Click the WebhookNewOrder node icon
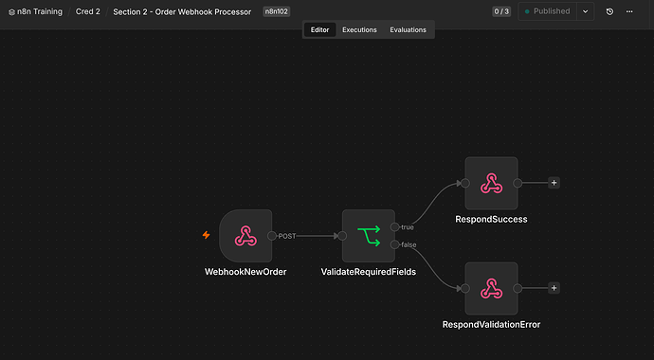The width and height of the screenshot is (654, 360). click(x=245, y=236)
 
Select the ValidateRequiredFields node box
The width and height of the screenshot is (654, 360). click(x=369, y=236)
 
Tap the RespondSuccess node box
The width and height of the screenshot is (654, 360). click(x=491, y=184)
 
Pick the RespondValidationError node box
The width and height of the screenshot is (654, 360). click(x=491, y=288)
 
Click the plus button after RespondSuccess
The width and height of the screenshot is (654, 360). click(x=554, y=183)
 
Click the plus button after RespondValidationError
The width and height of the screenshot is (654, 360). click(x=554, y=288)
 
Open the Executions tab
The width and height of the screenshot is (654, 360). click(x=359, y=30)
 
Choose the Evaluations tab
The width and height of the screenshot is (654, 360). click(x=408, y=30)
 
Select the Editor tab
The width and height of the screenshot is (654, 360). click(x=320, y=30)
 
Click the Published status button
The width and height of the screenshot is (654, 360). click(x=548, y=11)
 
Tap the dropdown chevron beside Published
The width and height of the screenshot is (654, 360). click(x=586, y=11)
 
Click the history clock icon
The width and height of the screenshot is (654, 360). click(x=609, y=11)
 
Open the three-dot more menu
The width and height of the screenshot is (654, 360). click(x=629, y=11)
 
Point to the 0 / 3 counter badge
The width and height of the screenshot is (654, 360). click(x=501, y=11)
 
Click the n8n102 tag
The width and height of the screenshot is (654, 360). click(x=277, y=11)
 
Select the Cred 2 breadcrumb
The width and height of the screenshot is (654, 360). click(x=87, y=11)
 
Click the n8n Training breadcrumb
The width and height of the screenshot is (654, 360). click(x=35, y=11)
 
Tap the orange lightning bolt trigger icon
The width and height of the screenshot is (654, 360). click(x=206, y=235)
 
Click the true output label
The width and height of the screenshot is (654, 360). click(x=408, y=227)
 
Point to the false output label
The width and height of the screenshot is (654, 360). click(x=409, y=244)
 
